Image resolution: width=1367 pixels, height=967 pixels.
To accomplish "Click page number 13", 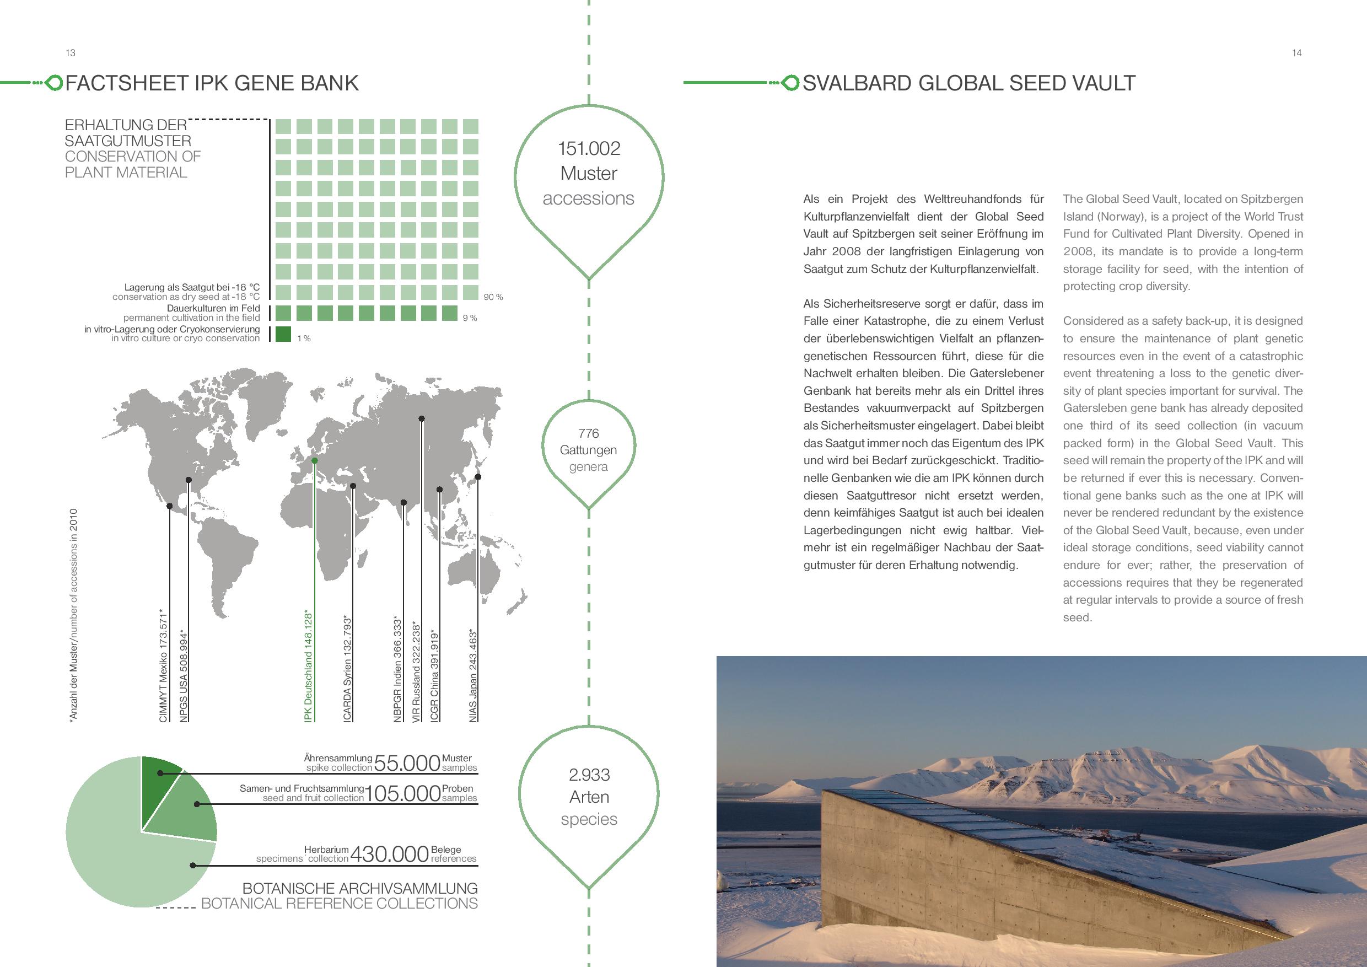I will [x=70, y=53].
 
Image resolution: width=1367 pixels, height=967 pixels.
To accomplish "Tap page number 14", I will [x=1296, y=53].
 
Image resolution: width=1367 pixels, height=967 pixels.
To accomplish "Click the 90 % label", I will [x=493, y=297].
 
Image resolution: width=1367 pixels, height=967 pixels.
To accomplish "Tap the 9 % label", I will [x=470, y=318].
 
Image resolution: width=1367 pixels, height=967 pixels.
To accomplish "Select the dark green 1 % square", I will [x=283, y=334].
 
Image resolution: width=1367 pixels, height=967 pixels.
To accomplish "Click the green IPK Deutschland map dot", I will [x=314, y=460].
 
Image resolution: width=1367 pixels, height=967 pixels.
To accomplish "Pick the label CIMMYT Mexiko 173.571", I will [x=164, y=665].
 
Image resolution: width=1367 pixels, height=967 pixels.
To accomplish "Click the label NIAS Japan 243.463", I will [x=473, y=676].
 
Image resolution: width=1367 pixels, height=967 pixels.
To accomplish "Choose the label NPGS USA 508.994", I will [x=184, y=676].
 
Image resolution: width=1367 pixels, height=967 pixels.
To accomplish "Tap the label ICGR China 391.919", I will [x=435, y=676].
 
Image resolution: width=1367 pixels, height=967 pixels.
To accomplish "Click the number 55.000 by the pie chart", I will [x=407, y=763].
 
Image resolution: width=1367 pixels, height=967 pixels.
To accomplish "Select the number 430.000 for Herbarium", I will [x=389, y=855].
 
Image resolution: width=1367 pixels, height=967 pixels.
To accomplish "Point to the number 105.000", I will [x=402, y=793].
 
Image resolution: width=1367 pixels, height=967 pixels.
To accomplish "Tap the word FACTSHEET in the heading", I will [x=127, y=83].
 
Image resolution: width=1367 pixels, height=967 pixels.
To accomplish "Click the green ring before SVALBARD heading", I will [x=789, y=83].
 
